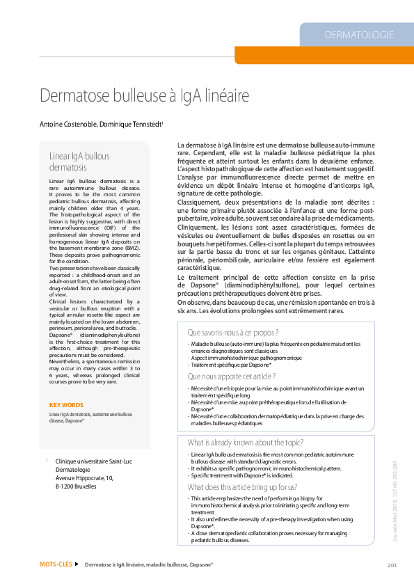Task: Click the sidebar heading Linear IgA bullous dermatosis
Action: pos(79,161)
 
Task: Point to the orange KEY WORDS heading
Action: pos(66,405)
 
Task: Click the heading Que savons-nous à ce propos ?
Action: pos(233,333)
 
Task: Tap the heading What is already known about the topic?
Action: pos(246,443)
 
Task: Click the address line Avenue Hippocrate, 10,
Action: pos(84,478)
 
